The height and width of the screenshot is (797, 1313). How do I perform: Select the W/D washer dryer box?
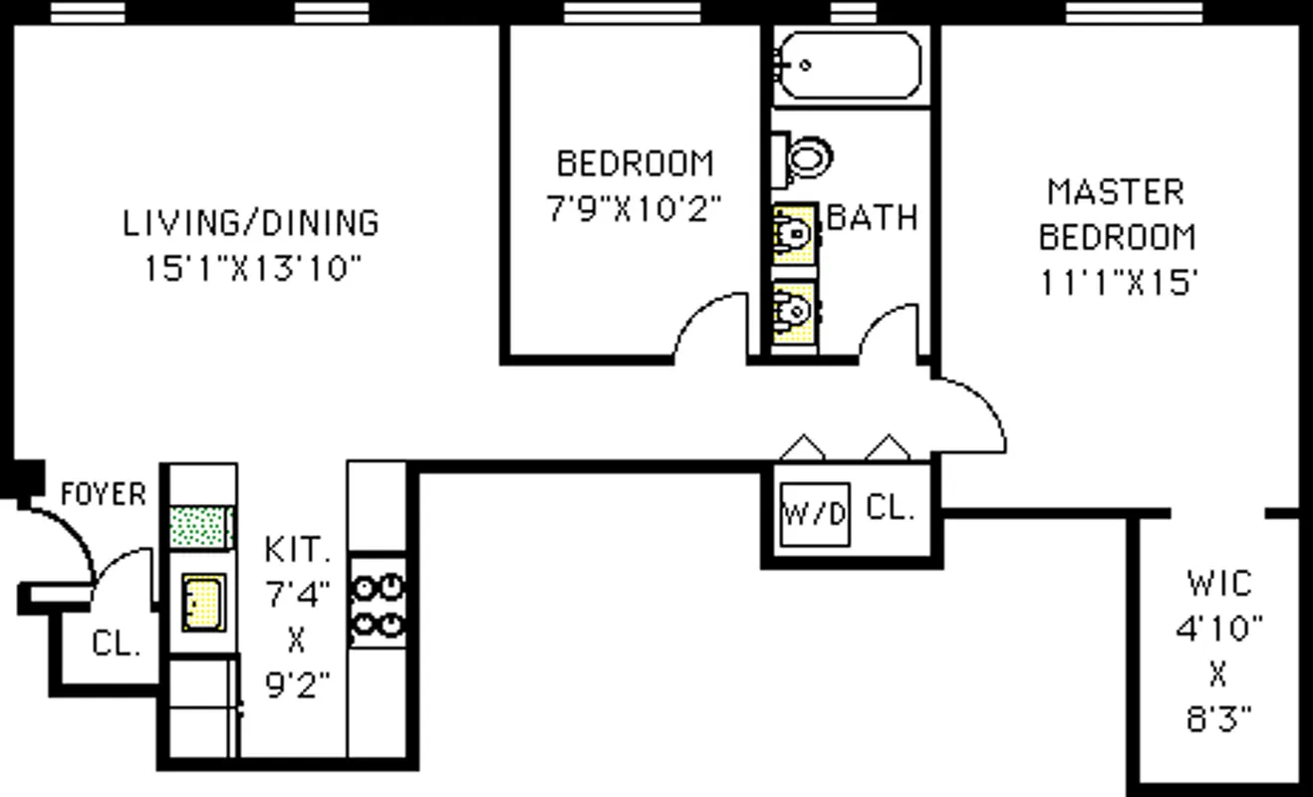coord(814,514)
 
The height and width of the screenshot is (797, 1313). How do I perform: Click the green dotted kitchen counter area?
coord(201,527)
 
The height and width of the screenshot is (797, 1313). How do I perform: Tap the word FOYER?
coord(103,494)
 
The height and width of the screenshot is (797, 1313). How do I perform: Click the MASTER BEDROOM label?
coord(1117,214)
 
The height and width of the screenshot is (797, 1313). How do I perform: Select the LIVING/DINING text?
coord(251,222)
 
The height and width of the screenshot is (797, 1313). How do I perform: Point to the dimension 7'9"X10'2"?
coord(635,210)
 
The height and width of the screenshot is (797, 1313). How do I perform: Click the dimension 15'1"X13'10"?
coord(251,269)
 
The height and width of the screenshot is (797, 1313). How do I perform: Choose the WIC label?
coord(1219,583)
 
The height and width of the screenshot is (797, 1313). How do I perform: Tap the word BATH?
coord(873,217)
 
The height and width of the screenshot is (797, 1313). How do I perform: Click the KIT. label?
coord(296,549)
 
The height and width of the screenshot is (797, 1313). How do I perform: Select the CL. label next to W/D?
coord(890,508)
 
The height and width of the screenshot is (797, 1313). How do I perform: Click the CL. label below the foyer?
coord(116,643)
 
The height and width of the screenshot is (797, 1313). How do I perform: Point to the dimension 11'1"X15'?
coord(1118,284)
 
